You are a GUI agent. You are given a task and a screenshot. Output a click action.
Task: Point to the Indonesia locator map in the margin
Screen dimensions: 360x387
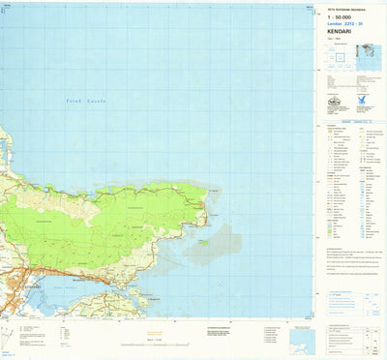tap(368, 61)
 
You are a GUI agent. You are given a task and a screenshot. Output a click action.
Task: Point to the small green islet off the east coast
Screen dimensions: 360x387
tap(203, 242)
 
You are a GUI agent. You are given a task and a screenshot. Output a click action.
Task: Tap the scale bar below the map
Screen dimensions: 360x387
tap(153, 340)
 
